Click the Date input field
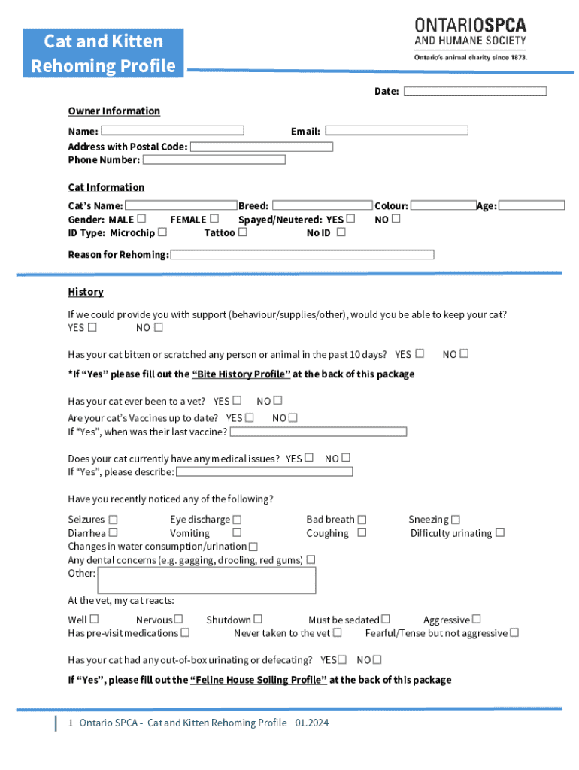[x=474, y=92]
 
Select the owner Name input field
[x=172, y=131]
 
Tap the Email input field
[x=396, y=131]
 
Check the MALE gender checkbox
[x=142, y=219]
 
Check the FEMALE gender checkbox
[x=214, y=219]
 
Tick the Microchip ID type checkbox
[x=162, y=232]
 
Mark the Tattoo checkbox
[x=242, y=232]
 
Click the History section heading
[x=86, y=292]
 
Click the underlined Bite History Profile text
[x=241, y=374]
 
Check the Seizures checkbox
[x=113, y=520]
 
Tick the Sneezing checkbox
[x=456, y=520]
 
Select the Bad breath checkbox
[x=362, y=520]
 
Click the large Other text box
[x=207, y=581]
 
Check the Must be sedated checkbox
[x=386, y=620]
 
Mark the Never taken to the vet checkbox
[x=338, y=633]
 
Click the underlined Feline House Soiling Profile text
[x=258, y=680]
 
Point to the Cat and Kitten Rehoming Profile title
[x=103, y=53]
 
